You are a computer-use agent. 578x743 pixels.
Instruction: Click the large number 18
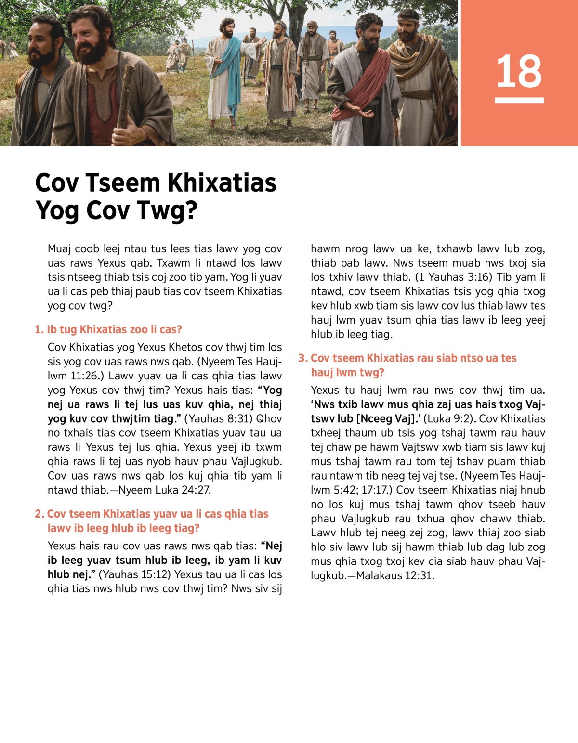click(x=519, y=71)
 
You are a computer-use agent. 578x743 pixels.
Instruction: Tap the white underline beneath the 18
click(x=519, y=100)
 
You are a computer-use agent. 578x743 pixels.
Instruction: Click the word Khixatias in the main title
click(x=222, y=183)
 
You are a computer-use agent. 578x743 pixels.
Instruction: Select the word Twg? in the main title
click(x=167, y=210)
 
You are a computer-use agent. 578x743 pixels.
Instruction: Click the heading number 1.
click(x=39, y=329)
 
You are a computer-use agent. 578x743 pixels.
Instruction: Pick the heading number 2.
click(x=39, y=514)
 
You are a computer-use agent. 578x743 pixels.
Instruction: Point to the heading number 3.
click(x=302, y=358)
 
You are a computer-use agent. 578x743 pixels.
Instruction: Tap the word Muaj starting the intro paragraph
click(x=59, y=248)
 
